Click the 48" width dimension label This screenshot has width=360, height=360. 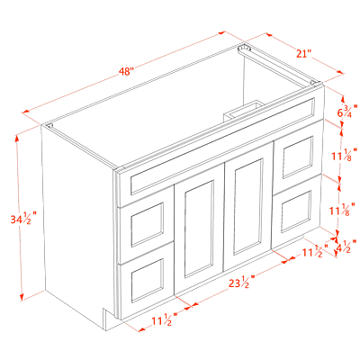(126, 72)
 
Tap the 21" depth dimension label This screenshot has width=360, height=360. (304, 54)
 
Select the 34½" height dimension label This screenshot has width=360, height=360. (23, 218)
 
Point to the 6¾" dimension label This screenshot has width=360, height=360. (347, 111)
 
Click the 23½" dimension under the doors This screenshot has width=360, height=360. (242, 282)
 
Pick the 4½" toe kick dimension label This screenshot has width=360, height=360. (346, 247)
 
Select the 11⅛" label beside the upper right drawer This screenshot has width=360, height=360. (345, 155)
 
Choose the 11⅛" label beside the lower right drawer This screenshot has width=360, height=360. (343, 209)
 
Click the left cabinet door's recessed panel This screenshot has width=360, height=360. (199, 229)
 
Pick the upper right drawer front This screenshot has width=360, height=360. (298, 157)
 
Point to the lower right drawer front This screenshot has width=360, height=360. (296, 211)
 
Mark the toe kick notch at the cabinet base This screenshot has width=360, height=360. (109, 319)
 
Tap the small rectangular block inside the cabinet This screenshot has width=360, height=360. (244, 111)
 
